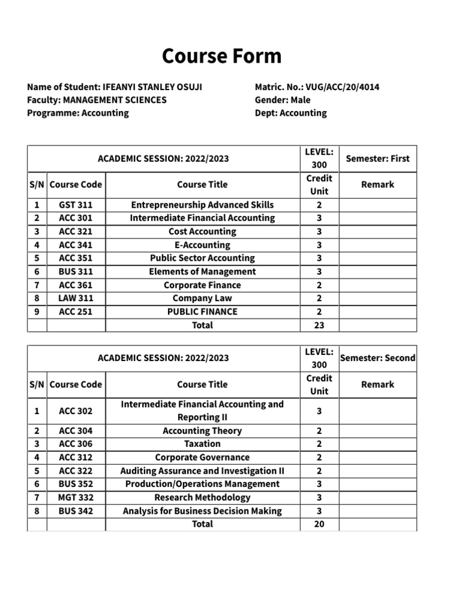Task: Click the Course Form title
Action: point(221,56)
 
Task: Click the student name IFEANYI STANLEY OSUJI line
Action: point(115,87)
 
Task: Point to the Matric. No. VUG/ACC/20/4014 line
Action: point(317,87)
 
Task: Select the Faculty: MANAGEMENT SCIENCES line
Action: point(97,100)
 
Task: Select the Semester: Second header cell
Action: point(378,358)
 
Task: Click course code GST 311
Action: point(76,205)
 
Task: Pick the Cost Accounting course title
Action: point(202,232)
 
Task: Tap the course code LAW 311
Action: point(76,298)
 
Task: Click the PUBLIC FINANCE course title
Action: point(202,311)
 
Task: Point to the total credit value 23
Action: point(319,325)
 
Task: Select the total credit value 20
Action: point(319,524)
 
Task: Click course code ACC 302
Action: point(76,411)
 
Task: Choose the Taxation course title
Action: point(202,444)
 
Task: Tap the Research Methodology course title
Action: point(202,497)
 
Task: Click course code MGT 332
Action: point(76,497)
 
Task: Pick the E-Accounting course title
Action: point(202,245)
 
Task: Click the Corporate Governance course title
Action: point(202,457)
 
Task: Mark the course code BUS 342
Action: point(76,511)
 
